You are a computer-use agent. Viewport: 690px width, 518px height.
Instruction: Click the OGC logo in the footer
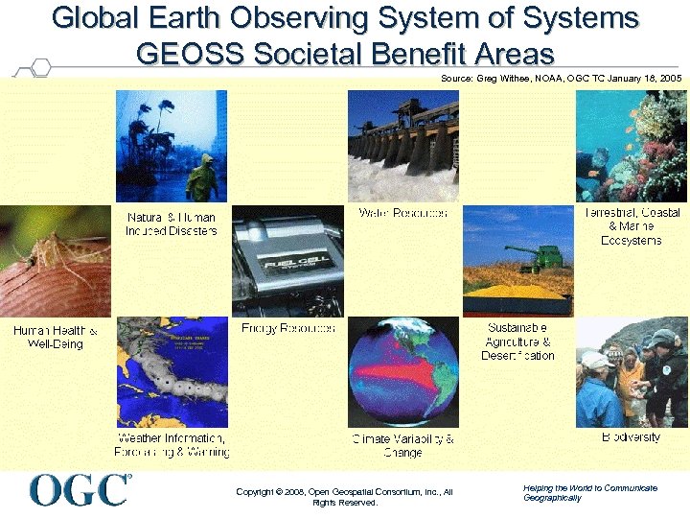click(80, 490)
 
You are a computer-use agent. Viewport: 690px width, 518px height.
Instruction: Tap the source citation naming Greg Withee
click(561, 78)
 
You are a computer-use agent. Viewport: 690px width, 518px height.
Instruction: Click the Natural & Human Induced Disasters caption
click(172, 224)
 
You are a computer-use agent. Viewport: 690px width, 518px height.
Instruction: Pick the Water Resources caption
click(402, 212)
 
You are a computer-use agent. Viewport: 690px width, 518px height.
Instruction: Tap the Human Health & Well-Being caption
click(56, 337)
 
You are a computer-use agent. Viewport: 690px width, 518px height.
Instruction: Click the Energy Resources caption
click(288, 328)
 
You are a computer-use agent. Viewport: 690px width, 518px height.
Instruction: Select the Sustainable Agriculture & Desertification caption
click(518, 341)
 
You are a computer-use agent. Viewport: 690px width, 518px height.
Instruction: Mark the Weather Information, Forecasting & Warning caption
click(172, 445)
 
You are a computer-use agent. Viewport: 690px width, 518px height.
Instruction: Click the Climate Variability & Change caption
click(402, 445)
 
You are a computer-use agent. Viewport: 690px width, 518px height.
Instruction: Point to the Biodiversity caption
click(631, 437)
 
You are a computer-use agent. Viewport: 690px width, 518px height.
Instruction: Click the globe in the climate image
click(403, 374)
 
